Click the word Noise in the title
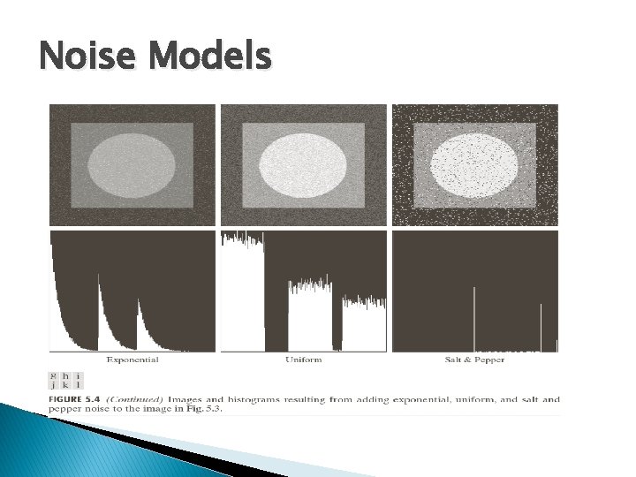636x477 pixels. click(83, 58)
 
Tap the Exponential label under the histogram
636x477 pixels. click(132, 360)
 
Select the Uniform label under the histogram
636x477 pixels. click(303, 360)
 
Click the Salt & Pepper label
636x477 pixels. click(474, 360)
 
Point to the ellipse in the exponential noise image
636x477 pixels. click(132, 165)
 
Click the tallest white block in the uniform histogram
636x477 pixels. click(243, 291)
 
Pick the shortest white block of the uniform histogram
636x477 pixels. click(364, 324)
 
